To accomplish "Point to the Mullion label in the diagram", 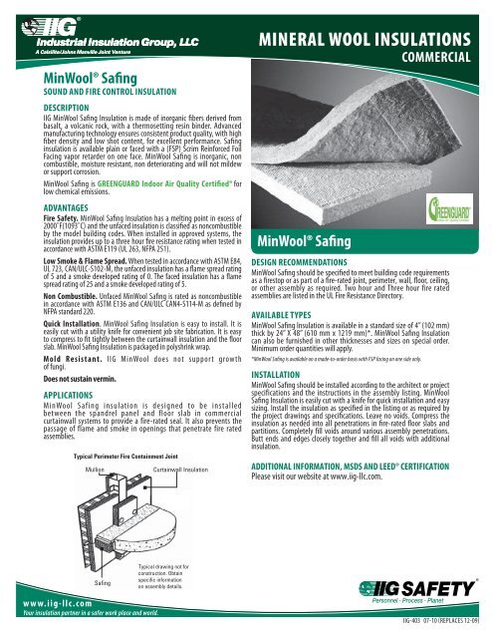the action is point(97,440).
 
